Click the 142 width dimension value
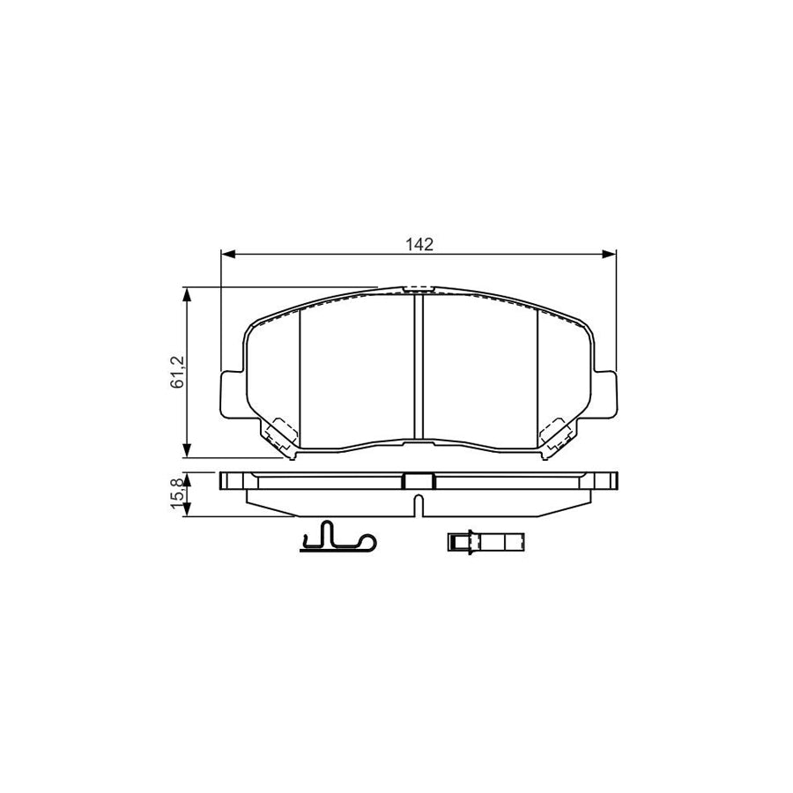[x=419, y=244]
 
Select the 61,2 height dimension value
[x=177, y=372]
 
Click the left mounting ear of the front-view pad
[x=231, y=394]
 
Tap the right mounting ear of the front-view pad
[x=605, y=394]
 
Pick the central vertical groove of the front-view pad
[x=419, y=366]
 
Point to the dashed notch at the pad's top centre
[x=419, y=288]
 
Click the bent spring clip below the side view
[x=336, y=538]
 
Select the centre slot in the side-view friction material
[x=419, y=504]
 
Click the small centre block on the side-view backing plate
[x=419, y=481]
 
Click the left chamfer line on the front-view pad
[x=300, y=374]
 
